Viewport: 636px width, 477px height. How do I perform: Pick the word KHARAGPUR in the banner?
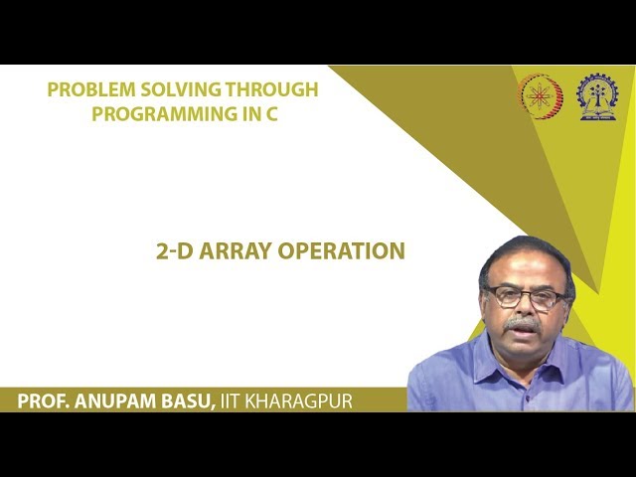307,401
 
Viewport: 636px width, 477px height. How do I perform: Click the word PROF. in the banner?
44,401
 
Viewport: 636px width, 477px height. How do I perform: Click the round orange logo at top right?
542,96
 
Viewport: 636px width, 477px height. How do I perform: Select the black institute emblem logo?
596,96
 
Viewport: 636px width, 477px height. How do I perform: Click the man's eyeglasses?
523,296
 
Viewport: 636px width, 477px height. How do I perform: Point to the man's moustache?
523,324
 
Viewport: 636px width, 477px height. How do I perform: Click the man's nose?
524,308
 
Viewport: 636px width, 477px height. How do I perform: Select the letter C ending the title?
271,113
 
